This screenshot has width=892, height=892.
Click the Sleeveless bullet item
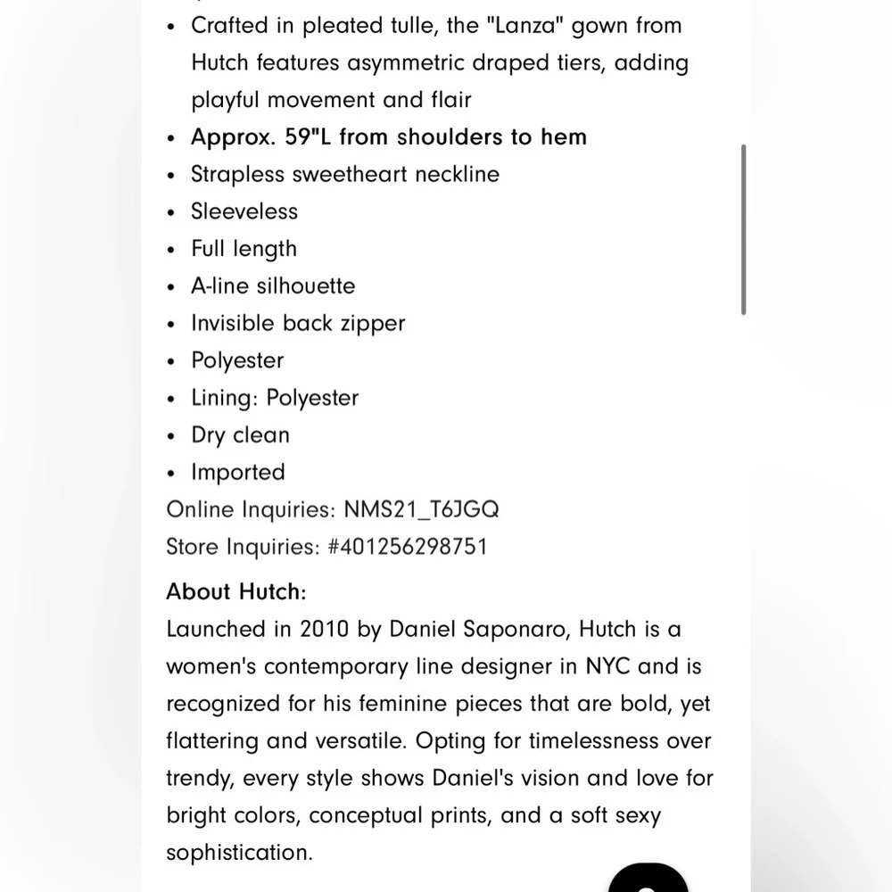point(244,211)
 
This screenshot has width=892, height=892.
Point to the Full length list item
point(244,249)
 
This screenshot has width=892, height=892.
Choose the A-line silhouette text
point(273,286)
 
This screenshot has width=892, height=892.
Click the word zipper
point(370,323)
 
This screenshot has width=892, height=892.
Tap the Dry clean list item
point(240,435)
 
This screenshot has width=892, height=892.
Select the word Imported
point(238,473)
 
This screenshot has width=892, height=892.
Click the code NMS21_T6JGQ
point(422,509)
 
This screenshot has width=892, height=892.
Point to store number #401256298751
point(408,546)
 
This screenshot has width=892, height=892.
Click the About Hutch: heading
point(236,591)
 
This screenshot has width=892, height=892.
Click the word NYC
point(607,666)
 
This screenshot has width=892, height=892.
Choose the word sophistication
point(239,853)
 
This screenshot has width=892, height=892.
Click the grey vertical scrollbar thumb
point(743,229)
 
